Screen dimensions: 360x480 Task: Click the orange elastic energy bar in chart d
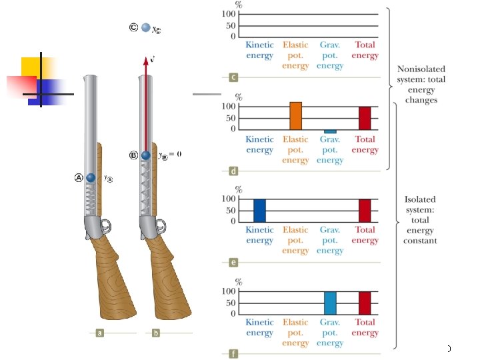[296, 116]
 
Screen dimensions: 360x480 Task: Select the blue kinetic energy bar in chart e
[259, 210]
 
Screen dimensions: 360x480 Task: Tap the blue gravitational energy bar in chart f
[330, 303]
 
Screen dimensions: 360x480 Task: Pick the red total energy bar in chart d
[365, 118]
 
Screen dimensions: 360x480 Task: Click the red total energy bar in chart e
[365, 210]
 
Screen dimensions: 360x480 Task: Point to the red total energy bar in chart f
[365, 303]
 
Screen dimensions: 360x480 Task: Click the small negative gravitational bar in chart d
[330, 131]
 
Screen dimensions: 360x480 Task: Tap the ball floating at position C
[146, 29]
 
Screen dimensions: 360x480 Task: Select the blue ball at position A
[91, 179]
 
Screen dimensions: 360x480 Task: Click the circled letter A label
[79, 178]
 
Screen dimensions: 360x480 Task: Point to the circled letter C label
[134, 28]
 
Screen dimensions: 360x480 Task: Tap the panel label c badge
[233, 78]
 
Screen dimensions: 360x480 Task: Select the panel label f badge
[233, 355]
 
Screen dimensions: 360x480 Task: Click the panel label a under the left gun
[99, 331]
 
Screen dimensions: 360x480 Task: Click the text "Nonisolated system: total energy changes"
[421, 84]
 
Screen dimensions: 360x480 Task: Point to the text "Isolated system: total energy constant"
[420, 219]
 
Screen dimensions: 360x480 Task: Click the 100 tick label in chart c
[229, 14]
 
